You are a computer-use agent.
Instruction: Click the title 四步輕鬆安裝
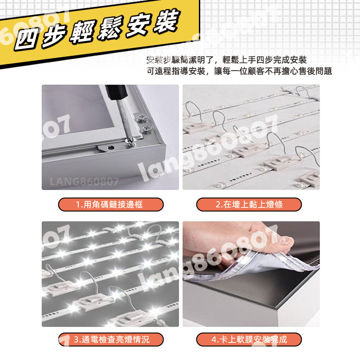[x=97, y=34]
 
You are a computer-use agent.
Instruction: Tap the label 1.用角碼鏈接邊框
[x=111, y=205]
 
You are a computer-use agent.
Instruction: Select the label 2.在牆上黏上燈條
[x=249, y=205]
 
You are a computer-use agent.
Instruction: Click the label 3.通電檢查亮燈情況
[x=111, y=339]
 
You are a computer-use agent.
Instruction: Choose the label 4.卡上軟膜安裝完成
[x=249, y=339]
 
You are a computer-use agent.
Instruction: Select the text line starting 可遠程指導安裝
[x=239, y=71]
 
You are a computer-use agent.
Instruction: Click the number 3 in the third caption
[x=76, y=340]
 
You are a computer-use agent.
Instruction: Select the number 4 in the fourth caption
[x=213, y=340]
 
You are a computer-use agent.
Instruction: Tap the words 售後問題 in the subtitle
[x=317, y=71]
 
